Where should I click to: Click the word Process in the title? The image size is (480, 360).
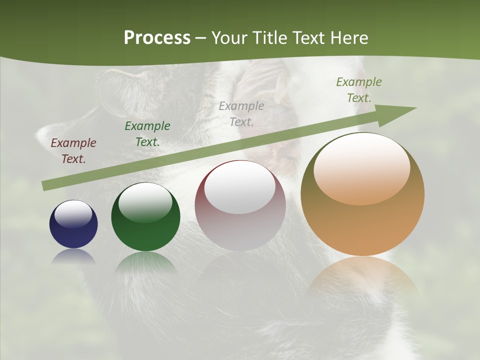[157, 37]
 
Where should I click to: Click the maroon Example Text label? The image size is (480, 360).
[73, 151]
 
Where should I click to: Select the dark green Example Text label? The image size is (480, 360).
[147, 134]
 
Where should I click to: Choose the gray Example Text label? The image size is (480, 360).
[241, 113]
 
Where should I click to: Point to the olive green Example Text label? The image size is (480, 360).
[359, 90]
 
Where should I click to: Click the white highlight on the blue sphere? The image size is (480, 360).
[73, 214]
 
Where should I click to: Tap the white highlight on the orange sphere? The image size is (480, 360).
[361, 168]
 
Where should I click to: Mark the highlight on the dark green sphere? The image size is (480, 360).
[145, 202]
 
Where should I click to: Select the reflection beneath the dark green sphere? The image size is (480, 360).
[145, 262]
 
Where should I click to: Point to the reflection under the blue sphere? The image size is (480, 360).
[73, 256]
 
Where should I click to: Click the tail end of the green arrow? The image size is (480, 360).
[46, 185]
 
